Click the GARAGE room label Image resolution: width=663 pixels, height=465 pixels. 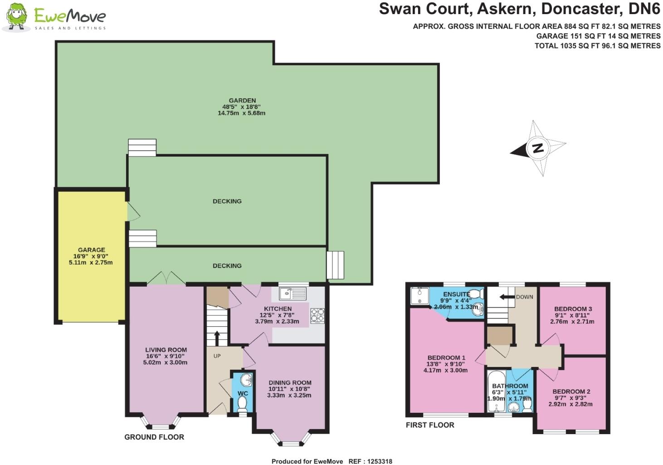tap(91, 250)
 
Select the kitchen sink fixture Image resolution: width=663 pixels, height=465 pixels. tap(293, 294)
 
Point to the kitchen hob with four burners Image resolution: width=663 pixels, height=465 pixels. tap(317, 316)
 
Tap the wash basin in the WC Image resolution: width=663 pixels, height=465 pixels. tap(245, 379)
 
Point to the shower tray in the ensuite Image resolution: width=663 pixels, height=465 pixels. tap(419, 296)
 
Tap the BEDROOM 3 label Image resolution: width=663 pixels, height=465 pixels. tap(574, 309)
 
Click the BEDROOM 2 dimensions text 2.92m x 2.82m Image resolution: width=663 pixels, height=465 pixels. tap(570, 404)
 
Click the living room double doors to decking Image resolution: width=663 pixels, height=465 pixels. tap(166, 279)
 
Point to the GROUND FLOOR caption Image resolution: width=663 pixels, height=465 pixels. tap(154, 437)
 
